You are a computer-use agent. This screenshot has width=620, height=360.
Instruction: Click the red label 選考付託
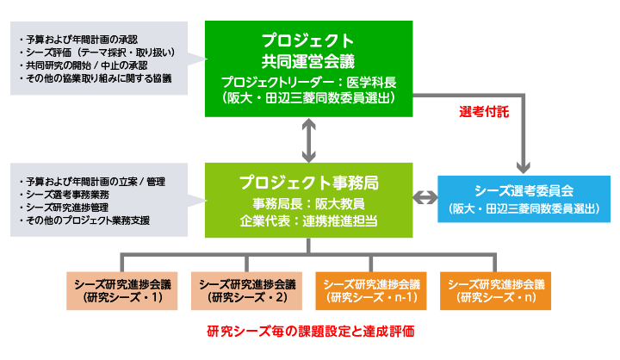(484, 112)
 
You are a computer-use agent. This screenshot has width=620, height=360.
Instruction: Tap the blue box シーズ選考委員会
(524, 199)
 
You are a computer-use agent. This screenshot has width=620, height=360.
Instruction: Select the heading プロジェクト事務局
(309, 183)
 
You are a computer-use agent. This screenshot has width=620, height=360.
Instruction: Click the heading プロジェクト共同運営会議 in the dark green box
(308, 51)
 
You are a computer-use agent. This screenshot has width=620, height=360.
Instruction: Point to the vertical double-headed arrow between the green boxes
(309, 140)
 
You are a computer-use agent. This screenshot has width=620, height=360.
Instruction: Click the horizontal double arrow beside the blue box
(425, 197)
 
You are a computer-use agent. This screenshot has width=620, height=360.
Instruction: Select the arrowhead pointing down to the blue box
(524, 168)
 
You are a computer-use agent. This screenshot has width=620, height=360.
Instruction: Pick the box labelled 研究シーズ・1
(121, 291)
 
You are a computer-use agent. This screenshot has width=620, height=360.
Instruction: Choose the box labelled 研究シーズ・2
(246, 291)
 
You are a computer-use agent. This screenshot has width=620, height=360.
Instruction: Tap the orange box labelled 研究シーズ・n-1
(371, 291)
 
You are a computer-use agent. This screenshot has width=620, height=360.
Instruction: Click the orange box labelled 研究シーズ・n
(495, 291)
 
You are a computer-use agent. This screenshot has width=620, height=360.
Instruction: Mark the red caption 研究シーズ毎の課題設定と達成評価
(311, 331)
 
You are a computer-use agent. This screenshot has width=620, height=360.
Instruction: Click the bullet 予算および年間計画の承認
(78, 40)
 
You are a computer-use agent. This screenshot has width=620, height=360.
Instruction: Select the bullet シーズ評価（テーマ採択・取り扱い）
(96, 53)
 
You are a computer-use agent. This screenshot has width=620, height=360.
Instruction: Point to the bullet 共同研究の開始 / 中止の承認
(83, 65)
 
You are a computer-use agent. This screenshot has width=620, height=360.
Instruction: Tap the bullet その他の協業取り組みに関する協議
(96, 78)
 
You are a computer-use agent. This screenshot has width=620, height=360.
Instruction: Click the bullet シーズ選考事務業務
(64, 195)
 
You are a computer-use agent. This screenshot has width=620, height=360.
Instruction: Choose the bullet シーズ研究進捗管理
(64, 208)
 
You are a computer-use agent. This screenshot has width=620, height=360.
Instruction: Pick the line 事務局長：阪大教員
(309, 204)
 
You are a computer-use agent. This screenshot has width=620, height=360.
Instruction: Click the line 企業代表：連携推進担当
(309, 220)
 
